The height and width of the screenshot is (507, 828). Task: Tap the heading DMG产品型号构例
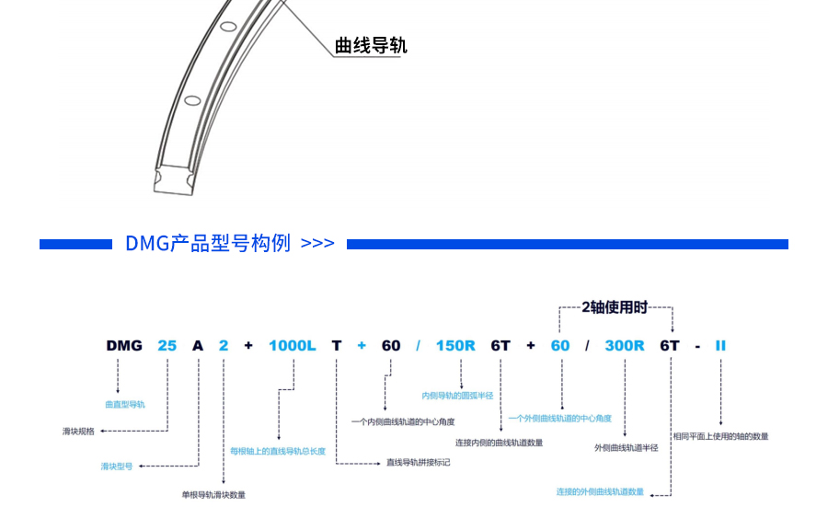point(208,243)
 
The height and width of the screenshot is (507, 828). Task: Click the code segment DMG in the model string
point(124,346)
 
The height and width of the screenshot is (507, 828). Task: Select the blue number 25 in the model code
point(167,346)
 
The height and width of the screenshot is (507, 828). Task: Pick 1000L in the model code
point(292,346)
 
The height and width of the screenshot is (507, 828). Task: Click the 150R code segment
point(455,346)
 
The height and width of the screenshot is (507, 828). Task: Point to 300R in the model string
point(625,346)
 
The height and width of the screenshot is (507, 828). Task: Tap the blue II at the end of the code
point(720,346)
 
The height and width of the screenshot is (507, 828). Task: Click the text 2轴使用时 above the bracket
point(615,306)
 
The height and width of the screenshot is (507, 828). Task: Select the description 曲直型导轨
point(124,404)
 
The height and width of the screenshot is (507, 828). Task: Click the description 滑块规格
point(78,431)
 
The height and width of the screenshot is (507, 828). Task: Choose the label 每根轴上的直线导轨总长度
point(278,451)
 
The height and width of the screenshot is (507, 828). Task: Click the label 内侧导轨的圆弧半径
point(457,396)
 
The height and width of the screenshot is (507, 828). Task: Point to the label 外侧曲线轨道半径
point(627,447)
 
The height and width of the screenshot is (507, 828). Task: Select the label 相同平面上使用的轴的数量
point(720,436)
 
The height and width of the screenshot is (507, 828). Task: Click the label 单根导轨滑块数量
point(213,495)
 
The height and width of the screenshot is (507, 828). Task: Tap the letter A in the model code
point(198,346)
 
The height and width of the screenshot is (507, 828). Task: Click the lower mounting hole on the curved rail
point(191,100)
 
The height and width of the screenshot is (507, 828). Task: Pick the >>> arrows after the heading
point(317,244)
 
